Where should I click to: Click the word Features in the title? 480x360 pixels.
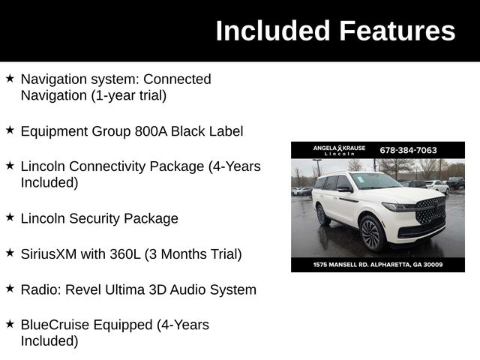[x=397, y=31]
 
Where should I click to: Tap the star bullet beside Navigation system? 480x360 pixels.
[x=10, y=78]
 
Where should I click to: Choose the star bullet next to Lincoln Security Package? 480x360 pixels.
[x=10, y=217]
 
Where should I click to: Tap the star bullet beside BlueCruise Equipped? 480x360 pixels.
[x=10, y=324]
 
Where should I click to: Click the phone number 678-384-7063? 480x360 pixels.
[x=408, y=150]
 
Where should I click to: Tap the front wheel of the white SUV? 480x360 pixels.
[x=370, y=232]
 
